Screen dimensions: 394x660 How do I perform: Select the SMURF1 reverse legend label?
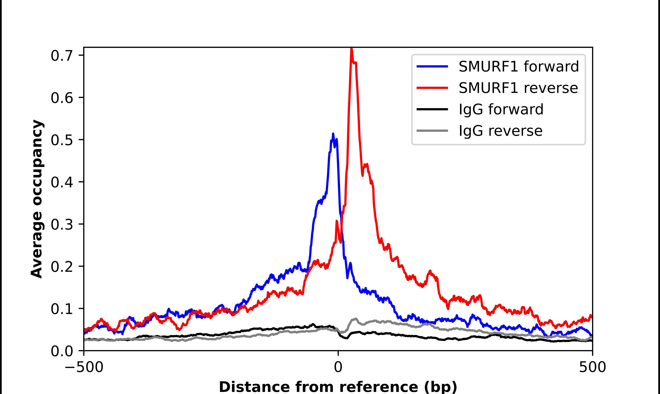pyautogui.click(x=518, y=88)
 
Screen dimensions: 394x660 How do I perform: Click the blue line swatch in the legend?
pyautogui.click(x=432, y=66)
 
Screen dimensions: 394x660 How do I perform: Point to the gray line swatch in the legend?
pyautogui.click(x=432, y=131)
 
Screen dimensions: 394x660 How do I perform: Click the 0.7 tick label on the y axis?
pyautogui.click(x=62, y=56)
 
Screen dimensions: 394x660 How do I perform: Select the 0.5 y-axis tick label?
pyautogui.click(x=62, y=140)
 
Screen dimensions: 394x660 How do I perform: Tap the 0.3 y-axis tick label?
pyautogui.click(x=62, y=224)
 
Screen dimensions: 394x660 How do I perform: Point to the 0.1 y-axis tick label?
pyautogui.click(x=62, y=309)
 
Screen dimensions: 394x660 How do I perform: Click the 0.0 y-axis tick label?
pyautogui.click(x=62, y=351)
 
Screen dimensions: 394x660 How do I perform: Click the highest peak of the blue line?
pyautogui.click(x=333, y=134)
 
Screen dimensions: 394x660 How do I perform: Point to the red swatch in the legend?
pyautogui.click(x=432, y=88)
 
